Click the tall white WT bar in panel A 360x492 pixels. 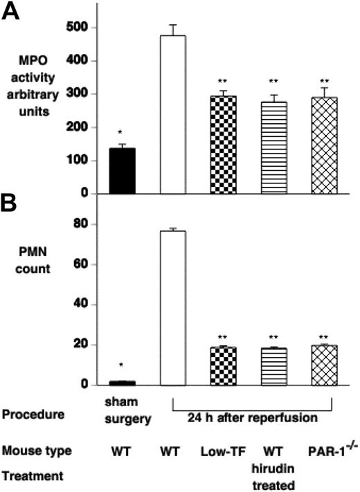173,114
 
